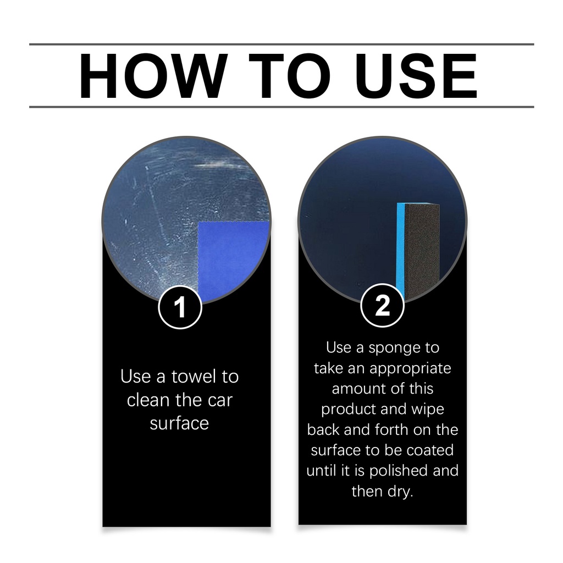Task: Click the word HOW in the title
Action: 153,76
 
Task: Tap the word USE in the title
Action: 416,76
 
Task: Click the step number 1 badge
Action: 180,307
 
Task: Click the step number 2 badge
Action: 383,306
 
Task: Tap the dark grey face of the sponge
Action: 422,249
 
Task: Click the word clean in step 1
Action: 150,400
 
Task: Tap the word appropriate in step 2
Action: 410,369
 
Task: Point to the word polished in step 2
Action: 399,471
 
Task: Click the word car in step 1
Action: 220,401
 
